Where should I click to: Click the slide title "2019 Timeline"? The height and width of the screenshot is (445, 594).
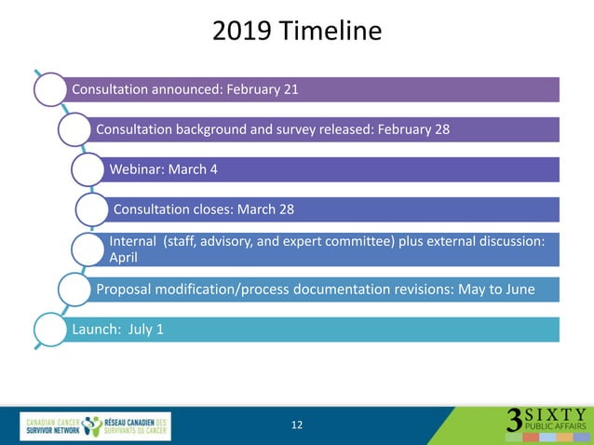(x=297, y=31)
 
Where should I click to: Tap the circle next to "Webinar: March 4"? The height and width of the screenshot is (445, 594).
(x=89, y=169)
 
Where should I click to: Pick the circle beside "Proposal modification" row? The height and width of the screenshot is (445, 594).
(x=76, y=290)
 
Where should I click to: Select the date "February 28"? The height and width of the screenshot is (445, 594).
(x=413, y=129)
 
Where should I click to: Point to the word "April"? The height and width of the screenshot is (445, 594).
(x=124, y=257)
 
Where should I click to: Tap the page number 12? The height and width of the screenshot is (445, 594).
(x=297, y=425)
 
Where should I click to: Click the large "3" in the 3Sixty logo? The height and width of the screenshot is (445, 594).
(x=514, y=421)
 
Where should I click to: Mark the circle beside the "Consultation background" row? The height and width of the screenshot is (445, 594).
(x=76, y=129)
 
